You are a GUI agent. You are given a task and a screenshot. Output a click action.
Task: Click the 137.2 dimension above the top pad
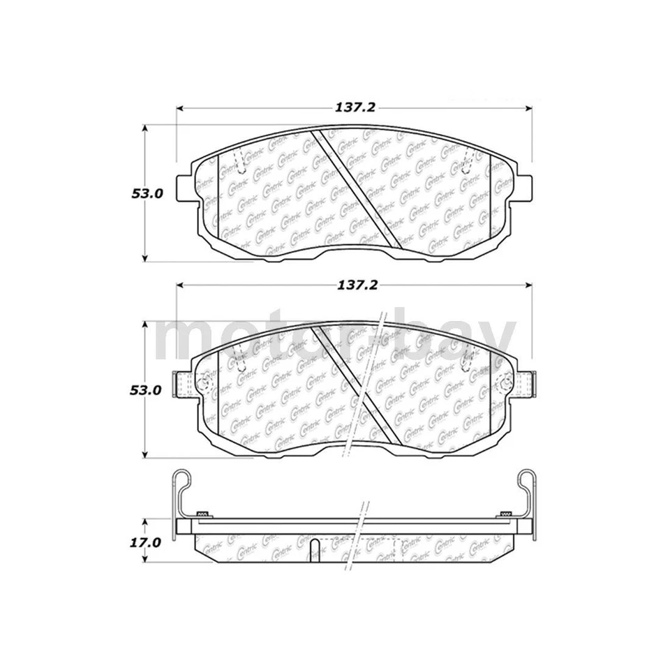pyautogui.click(x=357, y=108)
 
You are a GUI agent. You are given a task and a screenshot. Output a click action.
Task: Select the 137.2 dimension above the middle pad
pyautogui.click(x=357, y=285)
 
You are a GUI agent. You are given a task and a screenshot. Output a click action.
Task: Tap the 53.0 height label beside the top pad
pyautogui.click(x=147, y=195)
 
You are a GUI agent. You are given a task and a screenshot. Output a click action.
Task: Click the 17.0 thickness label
pyautogui.click(x=147, y=542)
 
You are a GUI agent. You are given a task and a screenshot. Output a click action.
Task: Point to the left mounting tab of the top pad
pyautogui.click(x=184, y=187)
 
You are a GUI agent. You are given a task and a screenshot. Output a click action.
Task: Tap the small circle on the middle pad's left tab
pyautogui.click(x=203, y=383)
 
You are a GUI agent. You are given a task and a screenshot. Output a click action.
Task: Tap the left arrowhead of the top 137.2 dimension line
pyautogui.click(x=179, y=109)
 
